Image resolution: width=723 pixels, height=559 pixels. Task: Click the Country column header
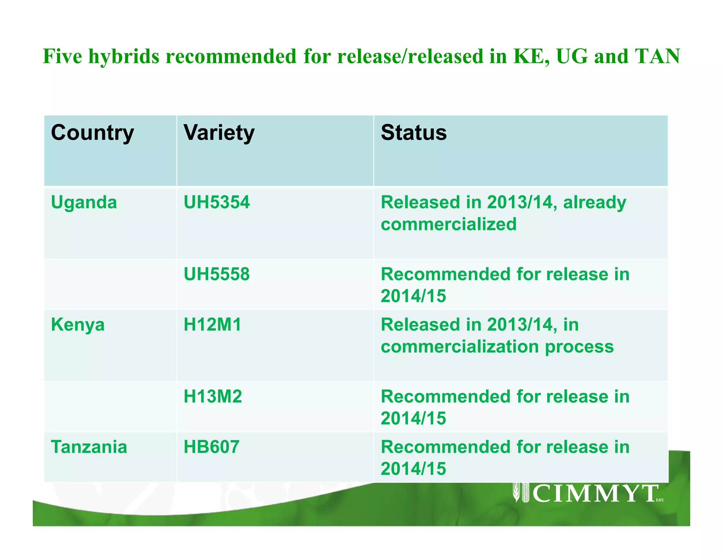pos(92,133)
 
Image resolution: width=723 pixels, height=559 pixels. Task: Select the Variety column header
pos(219,133)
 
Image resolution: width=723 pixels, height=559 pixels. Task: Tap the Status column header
pos(414,133)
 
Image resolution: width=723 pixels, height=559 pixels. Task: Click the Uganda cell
pos(84,202)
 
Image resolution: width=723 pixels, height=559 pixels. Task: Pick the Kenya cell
pos(78,325)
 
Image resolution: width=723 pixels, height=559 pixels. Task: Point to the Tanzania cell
pos(89,447)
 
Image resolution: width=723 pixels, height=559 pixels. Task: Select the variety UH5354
pos(217,202)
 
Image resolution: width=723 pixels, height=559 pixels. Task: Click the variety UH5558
pos(217,274)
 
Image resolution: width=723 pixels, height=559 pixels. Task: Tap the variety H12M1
pos(213,325)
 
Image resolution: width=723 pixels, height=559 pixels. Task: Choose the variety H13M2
pos(213,396)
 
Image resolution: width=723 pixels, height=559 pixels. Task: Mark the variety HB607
pos(211,447)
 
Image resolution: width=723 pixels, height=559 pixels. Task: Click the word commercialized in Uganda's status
pos(449,224)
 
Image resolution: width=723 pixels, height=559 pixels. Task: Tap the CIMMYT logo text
pos(595,494)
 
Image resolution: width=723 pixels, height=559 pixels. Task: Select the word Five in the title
pos(62,56)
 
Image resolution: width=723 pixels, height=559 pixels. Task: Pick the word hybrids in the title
pos(124,57)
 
